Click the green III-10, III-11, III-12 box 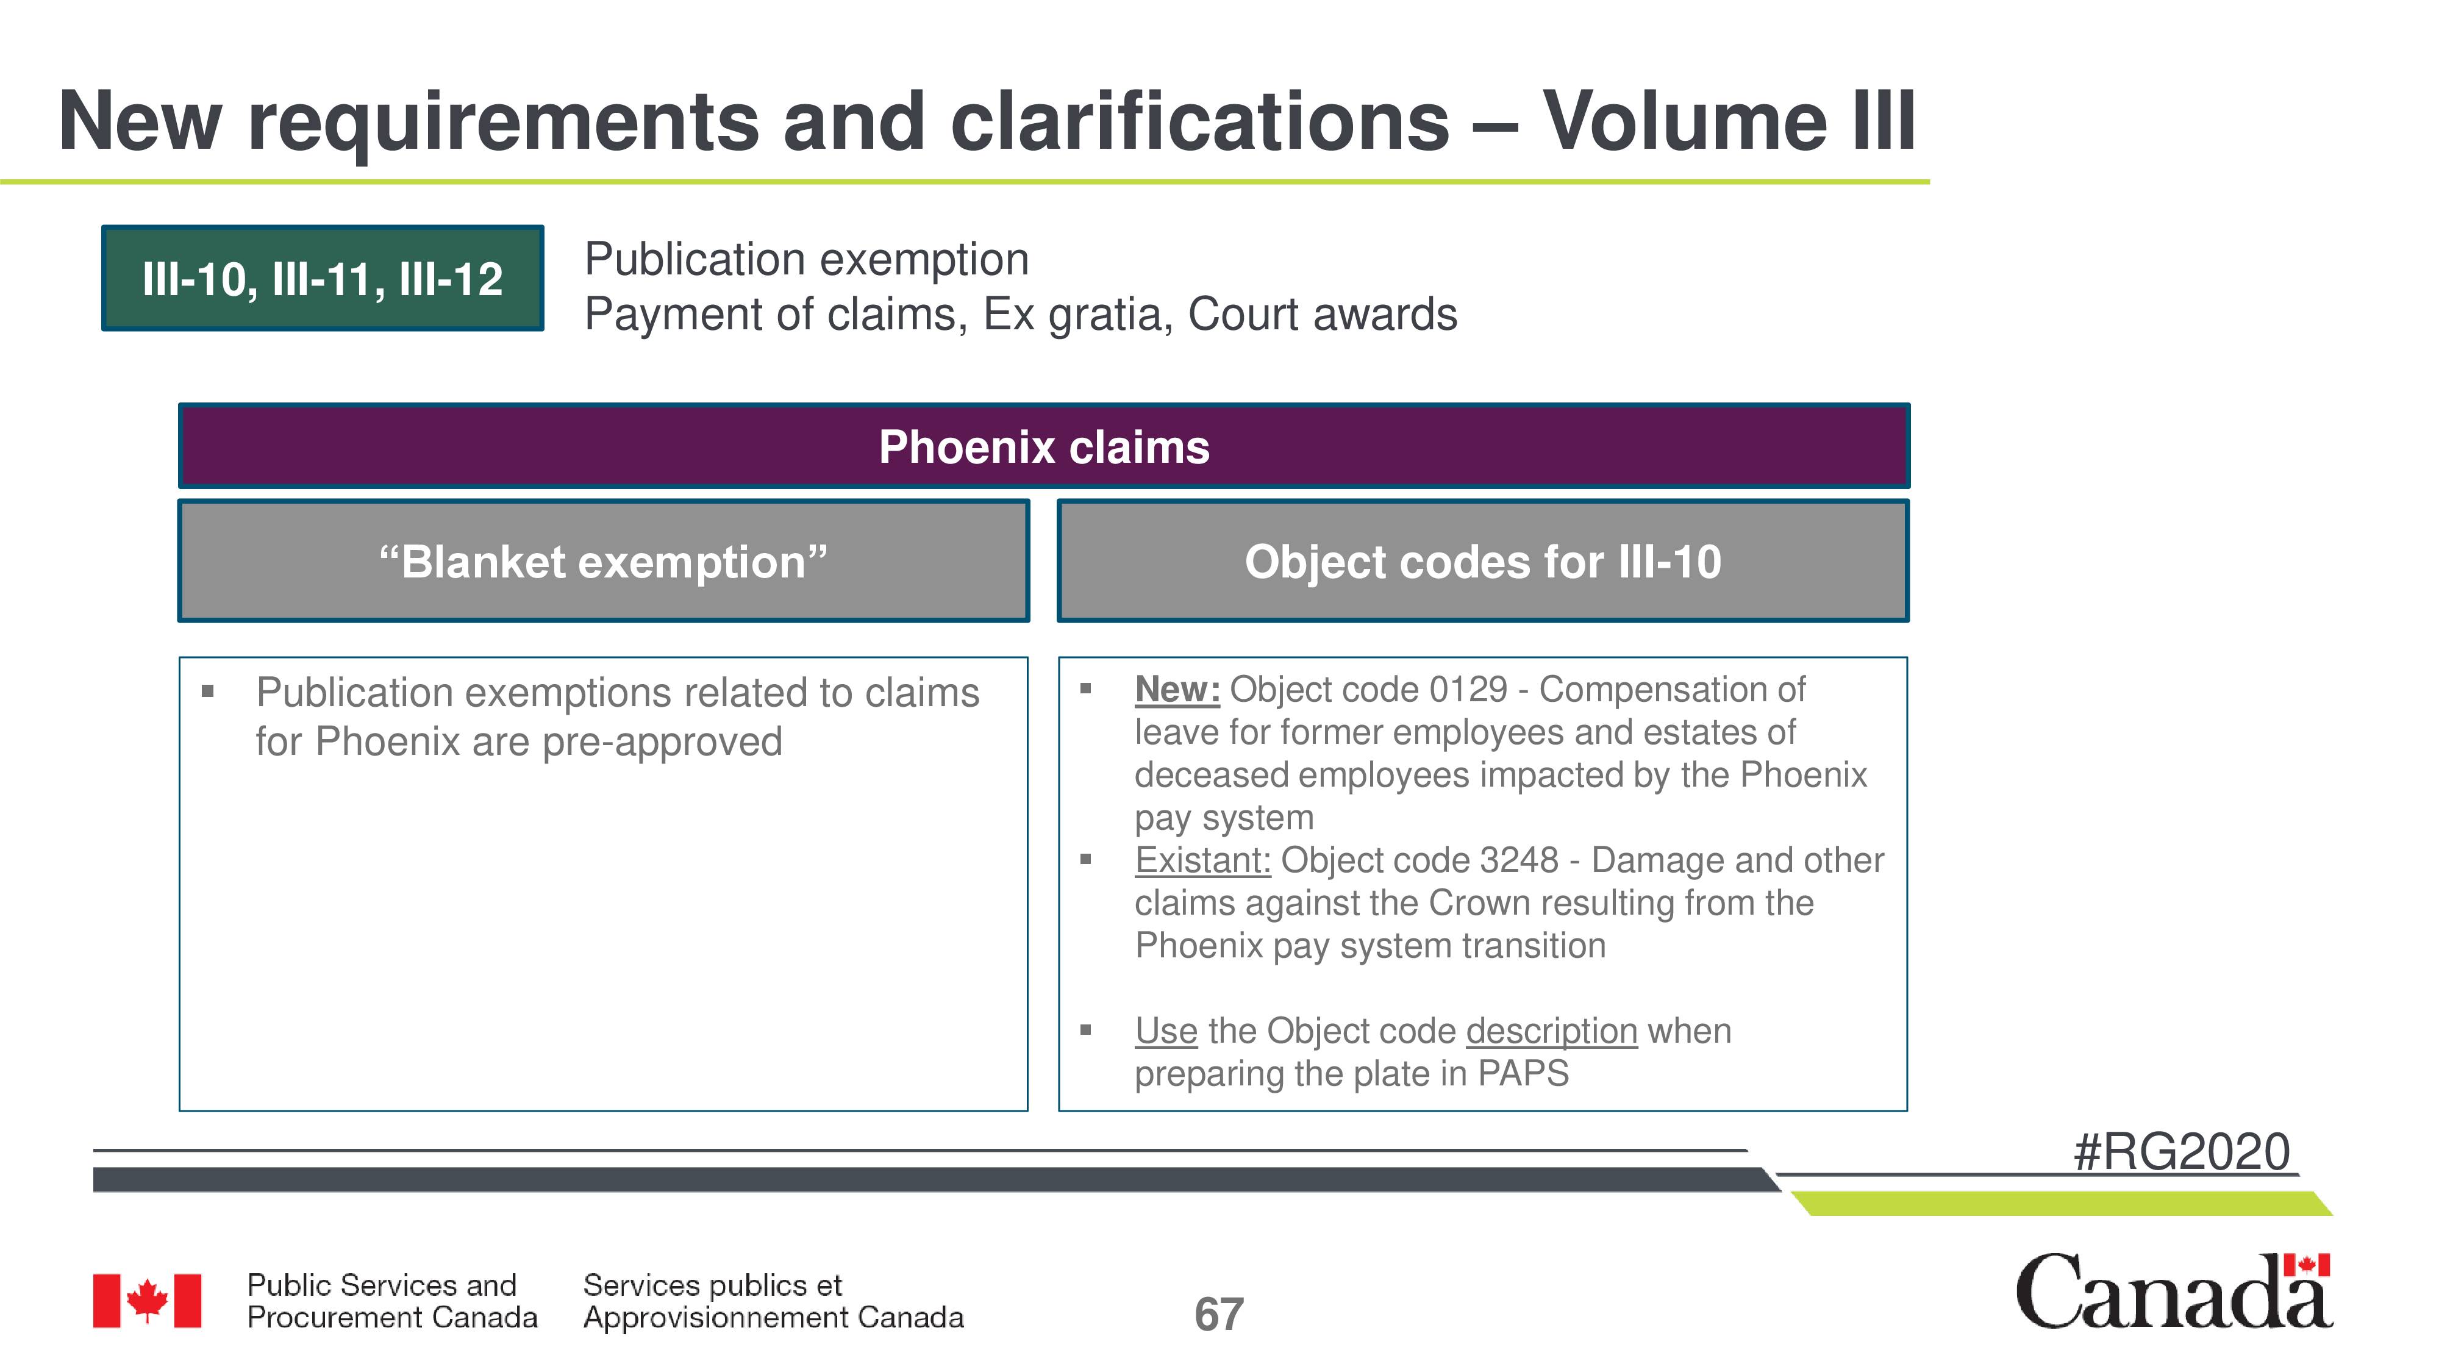323,279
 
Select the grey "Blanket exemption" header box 603,560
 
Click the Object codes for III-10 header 1483,560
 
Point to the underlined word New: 1177,689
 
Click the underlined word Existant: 1202,860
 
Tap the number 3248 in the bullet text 1519,860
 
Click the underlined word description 1551,1031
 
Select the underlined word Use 1165,1031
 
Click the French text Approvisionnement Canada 774,1317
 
